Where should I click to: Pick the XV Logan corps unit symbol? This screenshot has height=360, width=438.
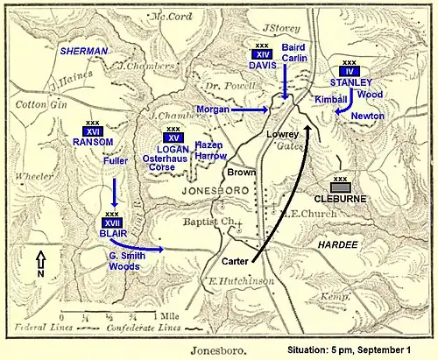[x=173, y=136]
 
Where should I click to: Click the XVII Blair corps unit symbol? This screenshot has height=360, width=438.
[x=112, y=222]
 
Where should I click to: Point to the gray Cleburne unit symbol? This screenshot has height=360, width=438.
[x=341, y=185]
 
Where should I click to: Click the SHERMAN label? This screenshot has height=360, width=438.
[x=83, y=52]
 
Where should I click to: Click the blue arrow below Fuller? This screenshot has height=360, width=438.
[x=115, y=190]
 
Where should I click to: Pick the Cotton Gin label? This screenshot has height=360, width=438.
[x=37, y=104]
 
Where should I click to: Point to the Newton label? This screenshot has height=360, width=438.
[x=367, y=116]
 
